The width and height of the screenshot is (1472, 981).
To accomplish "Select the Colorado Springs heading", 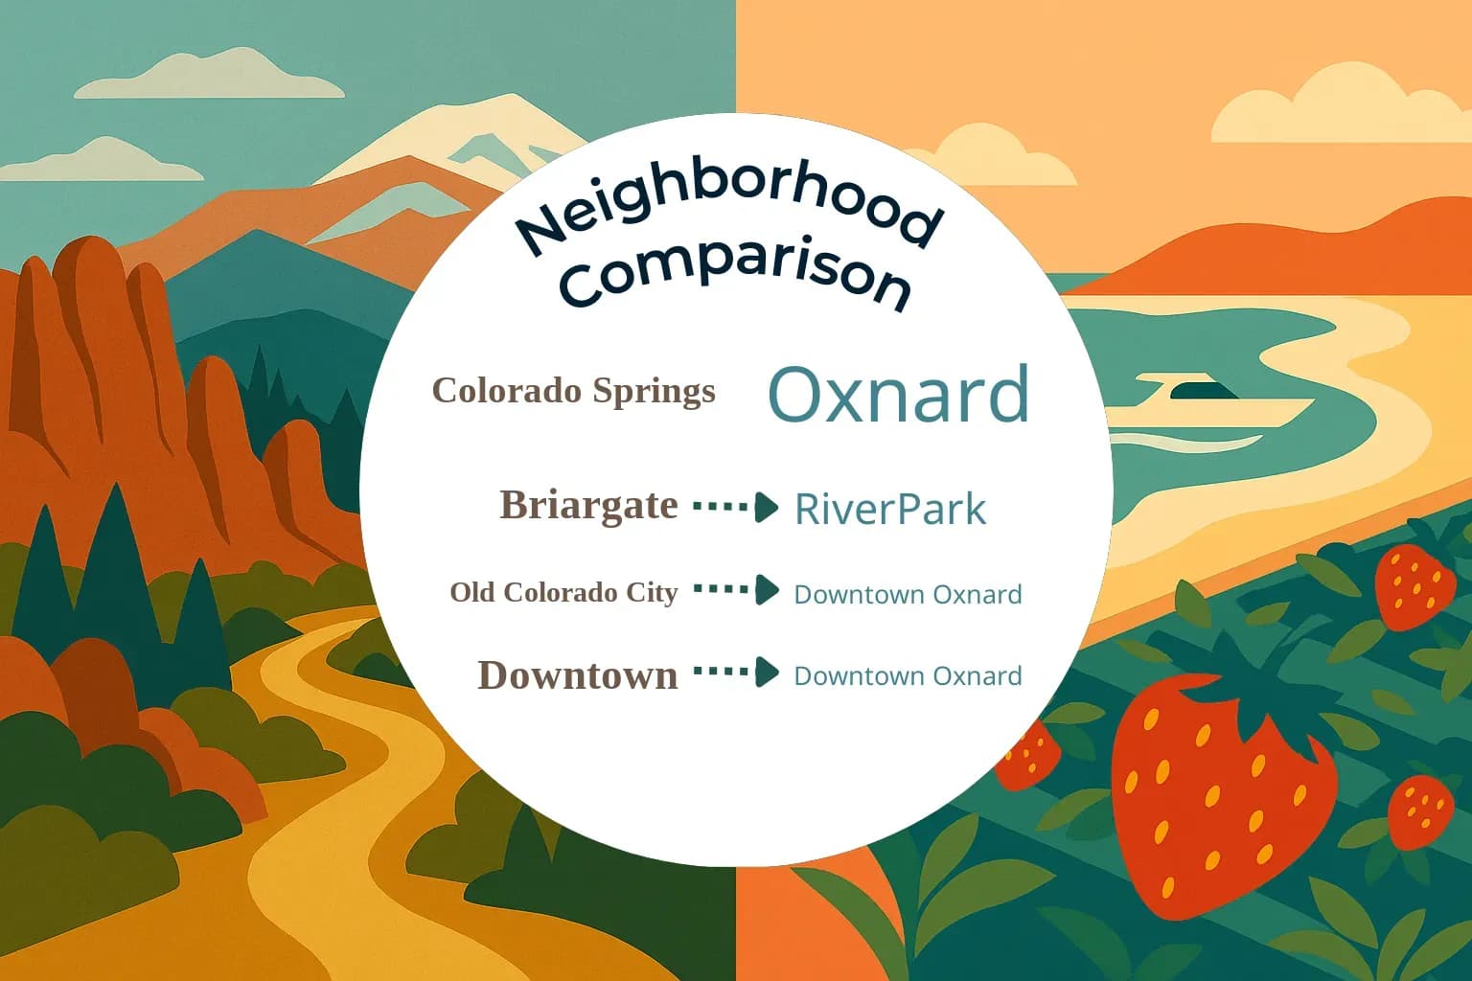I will [573, 391].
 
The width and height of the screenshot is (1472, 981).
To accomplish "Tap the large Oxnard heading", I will [898, 394].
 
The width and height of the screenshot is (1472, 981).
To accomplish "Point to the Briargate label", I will [587, 505].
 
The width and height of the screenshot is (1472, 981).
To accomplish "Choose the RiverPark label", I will [889, 509].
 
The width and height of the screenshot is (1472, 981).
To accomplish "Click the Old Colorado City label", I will [563, 592].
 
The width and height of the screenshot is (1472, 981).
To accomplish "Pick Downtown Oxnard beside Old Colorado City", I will [907, 594].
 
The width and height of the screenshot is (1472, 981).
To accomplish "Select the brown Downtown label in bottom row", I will [577, 675].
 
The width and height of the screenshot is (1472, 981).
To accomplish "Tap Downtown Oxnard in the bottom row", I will [907, 675].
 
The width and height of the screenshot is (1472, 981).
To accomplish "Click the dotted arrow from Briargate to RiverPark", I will [735, 506].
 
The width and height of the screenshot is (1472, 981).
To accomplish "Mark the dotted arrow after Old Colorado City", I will [735, 590].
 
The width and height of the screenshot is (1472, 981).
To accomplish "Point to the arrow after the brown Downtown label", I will [735, 673].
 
